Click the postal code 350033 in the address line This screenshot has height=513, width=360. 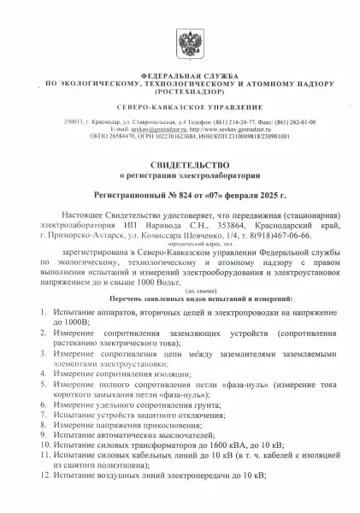[75, 122]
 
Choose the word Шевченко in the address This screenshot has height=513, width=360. [213, 233]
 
